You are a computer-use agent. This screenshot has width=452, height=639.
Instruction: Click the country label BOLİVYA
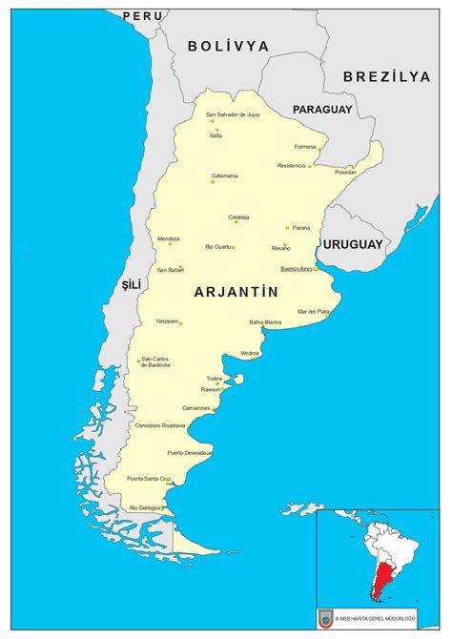tap(228, 46)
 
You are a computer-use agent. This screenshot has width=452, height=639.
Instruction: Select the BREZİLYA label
tap(387, 76)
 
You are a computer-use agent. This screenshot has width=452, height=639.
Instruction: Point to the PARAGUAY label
tap(322, 110)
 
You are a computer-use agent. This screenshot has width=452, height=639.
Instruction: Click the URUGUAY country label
tap(352, 244)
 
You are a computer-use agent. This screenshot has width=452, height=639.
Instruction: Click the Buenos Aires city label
tap(296, 269)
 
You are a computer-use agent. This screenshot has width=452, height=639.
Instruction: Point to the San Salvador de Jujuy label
tap(233, 114)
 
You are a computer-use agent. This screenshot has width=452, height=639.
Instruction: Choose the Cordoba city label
tap(238, 216)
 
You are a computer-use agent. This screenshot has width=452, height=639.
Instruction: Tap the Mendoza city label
tap(168, 238)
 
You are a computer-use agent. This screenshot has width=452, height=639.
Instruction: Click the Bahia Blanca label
tap(265, 322)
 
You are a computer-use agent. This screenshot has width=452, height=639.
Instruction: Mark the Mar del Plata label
tap(313, 311)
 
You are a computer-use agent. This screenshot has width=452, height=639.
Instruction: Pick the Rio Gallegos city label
tap(146, 507)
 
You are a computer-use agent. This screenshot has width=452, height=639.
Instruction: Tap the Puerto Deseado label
tap(187, 452)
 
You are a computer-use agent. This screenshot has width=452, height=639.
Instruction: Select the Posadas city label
tap(344, 173)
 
